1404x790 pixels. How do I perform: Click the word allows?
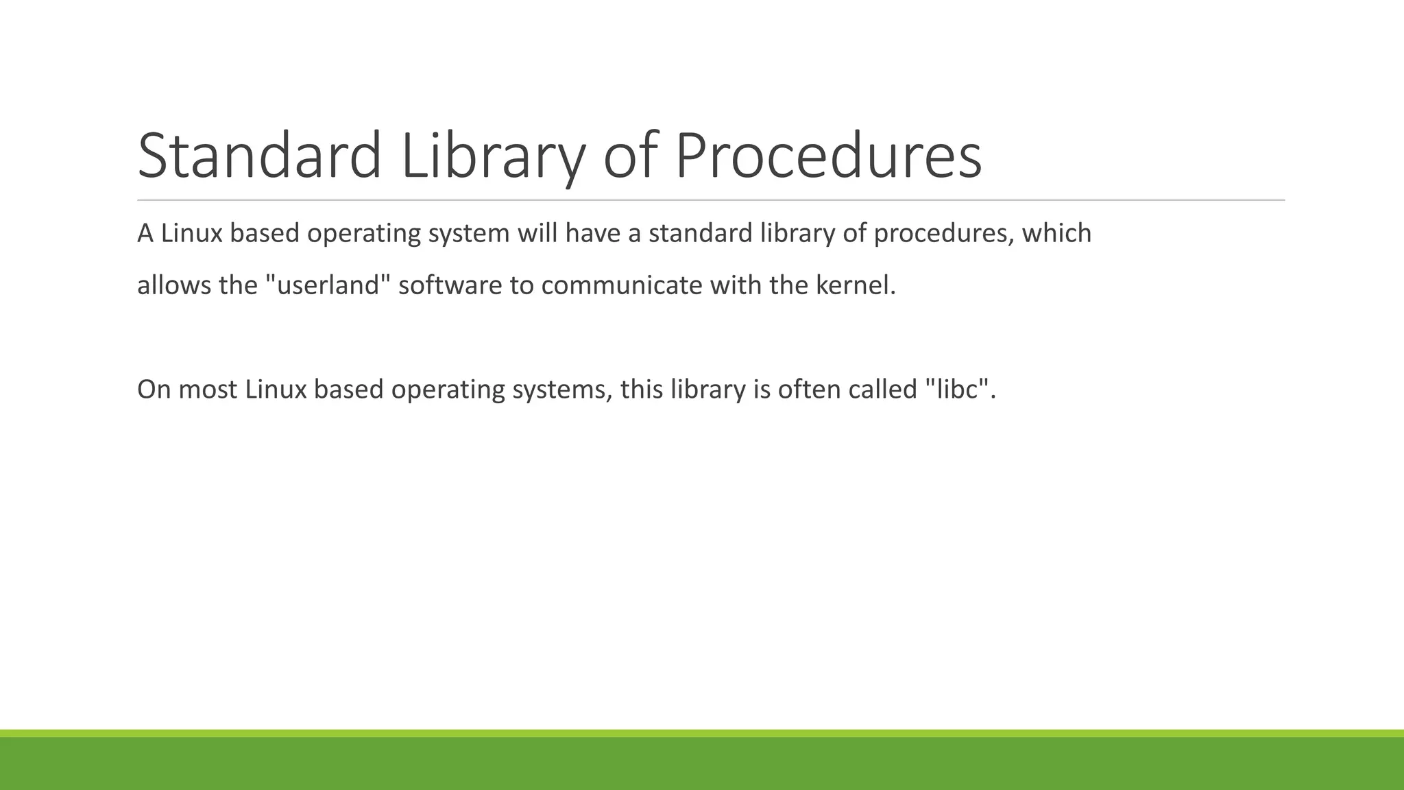point(174,285)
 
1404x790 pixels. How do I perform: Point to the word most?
point(208,390)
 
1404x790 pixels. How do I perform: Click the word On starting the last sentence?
point(154,389)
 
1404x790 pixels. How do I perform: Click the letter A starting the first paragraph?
point(145,233)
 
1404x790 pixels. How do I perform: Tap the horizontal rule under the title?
point(710,200)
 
